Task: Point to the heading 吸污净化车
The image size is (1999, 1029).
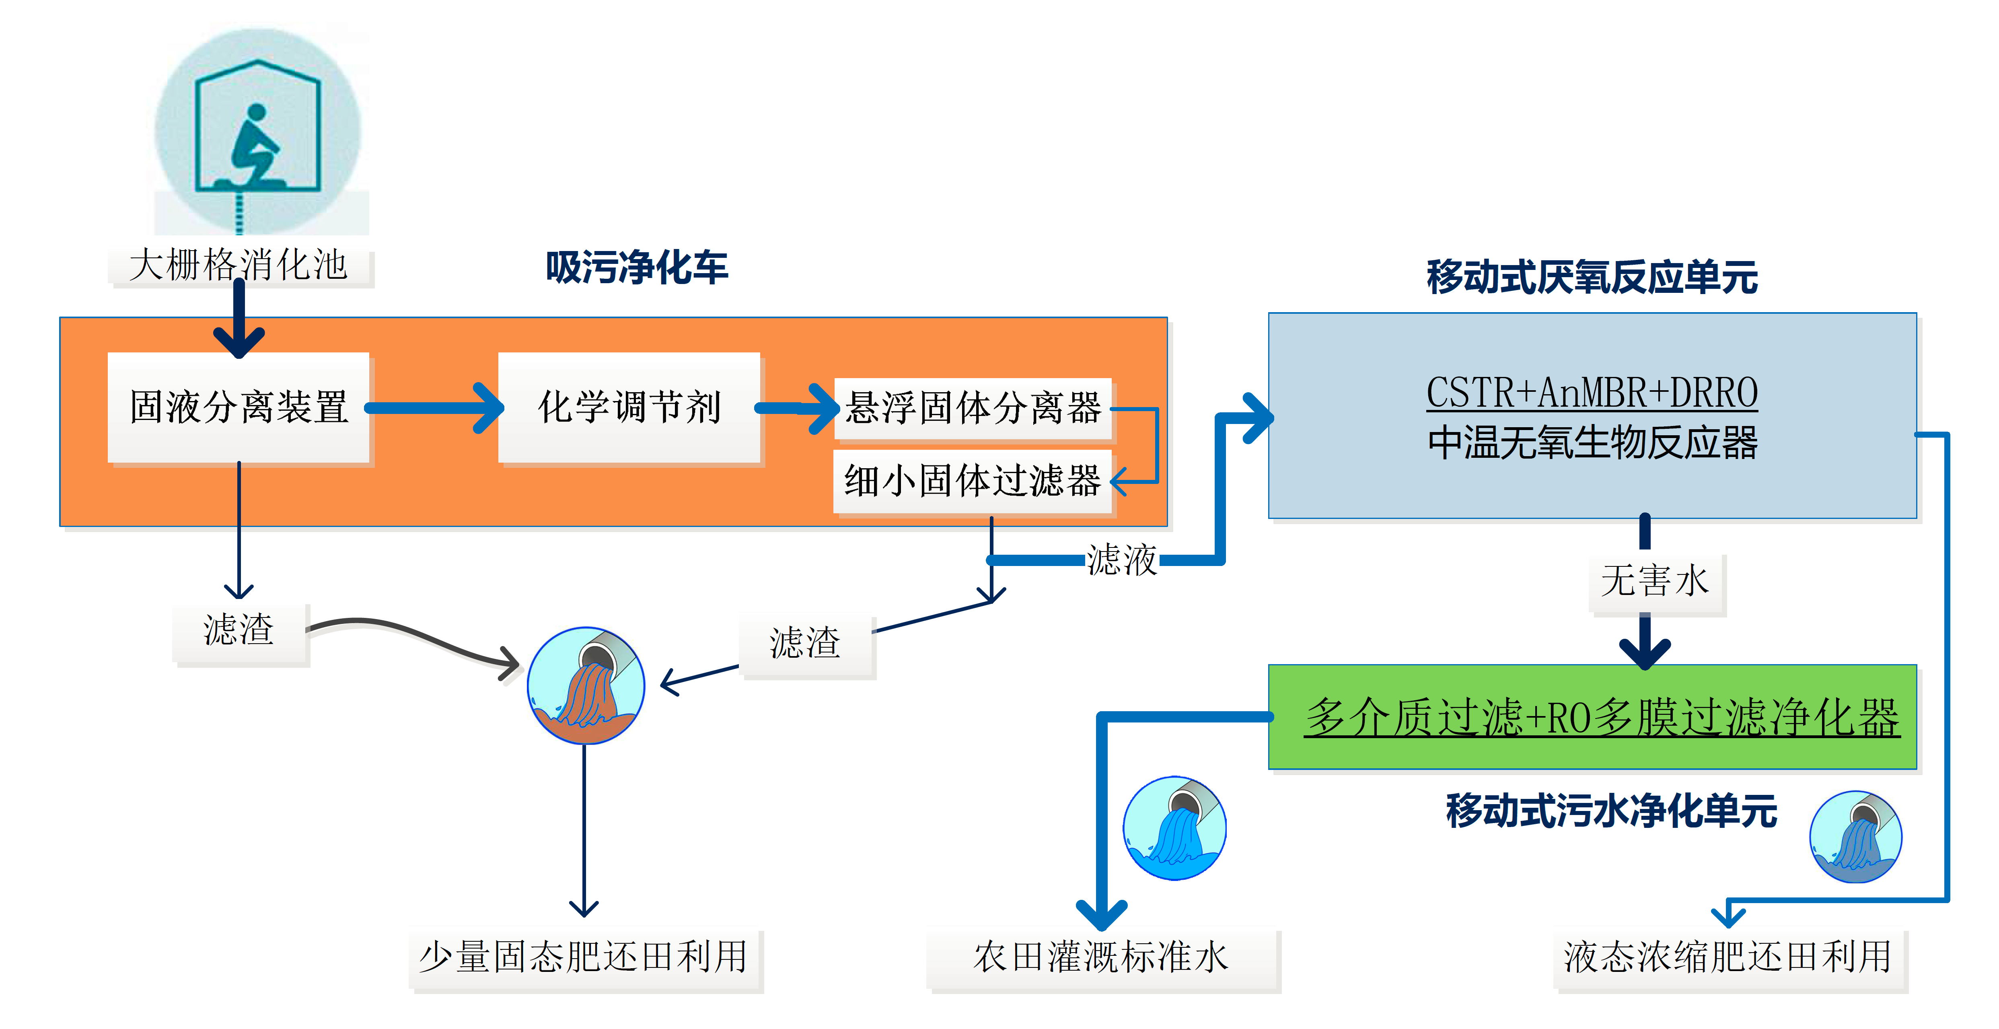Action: click(x=636, y=268)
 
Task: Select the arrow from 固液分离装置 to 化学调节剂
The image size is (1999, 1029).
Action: click(x=434, y=407)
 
